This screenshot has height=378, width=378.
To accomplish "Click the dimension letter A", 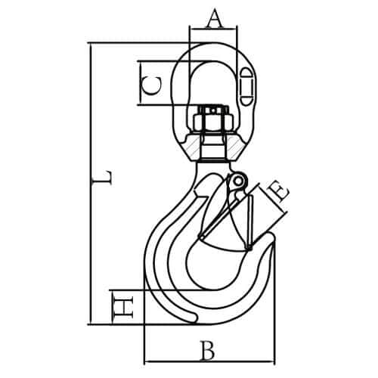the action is point(215,18).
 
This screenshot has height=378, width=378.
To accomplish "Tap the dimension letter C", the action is point(151,85).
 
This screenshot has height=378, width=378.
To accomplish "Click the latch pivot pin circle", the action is point(237,181).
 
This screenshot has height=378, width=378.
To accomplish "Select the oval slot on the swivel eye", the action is point(246,86).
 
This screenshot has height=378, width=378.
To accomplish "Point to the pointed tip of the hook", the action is point(273,241).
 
